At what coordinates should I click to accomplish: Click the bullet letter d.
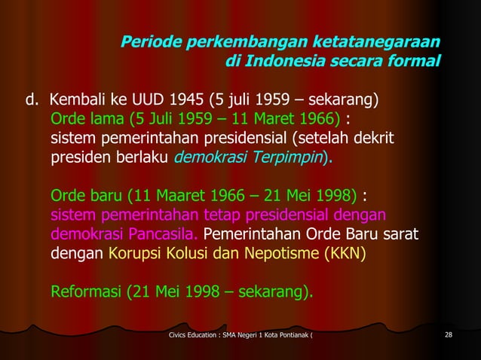[x=32, y=100]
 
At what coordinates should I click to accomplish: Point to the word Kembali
[x=78, y=100]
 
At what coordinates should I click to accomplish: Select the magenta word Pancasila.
[x=156, y=237]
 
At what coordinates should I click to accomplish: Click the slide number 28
[x=449, y=334]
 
